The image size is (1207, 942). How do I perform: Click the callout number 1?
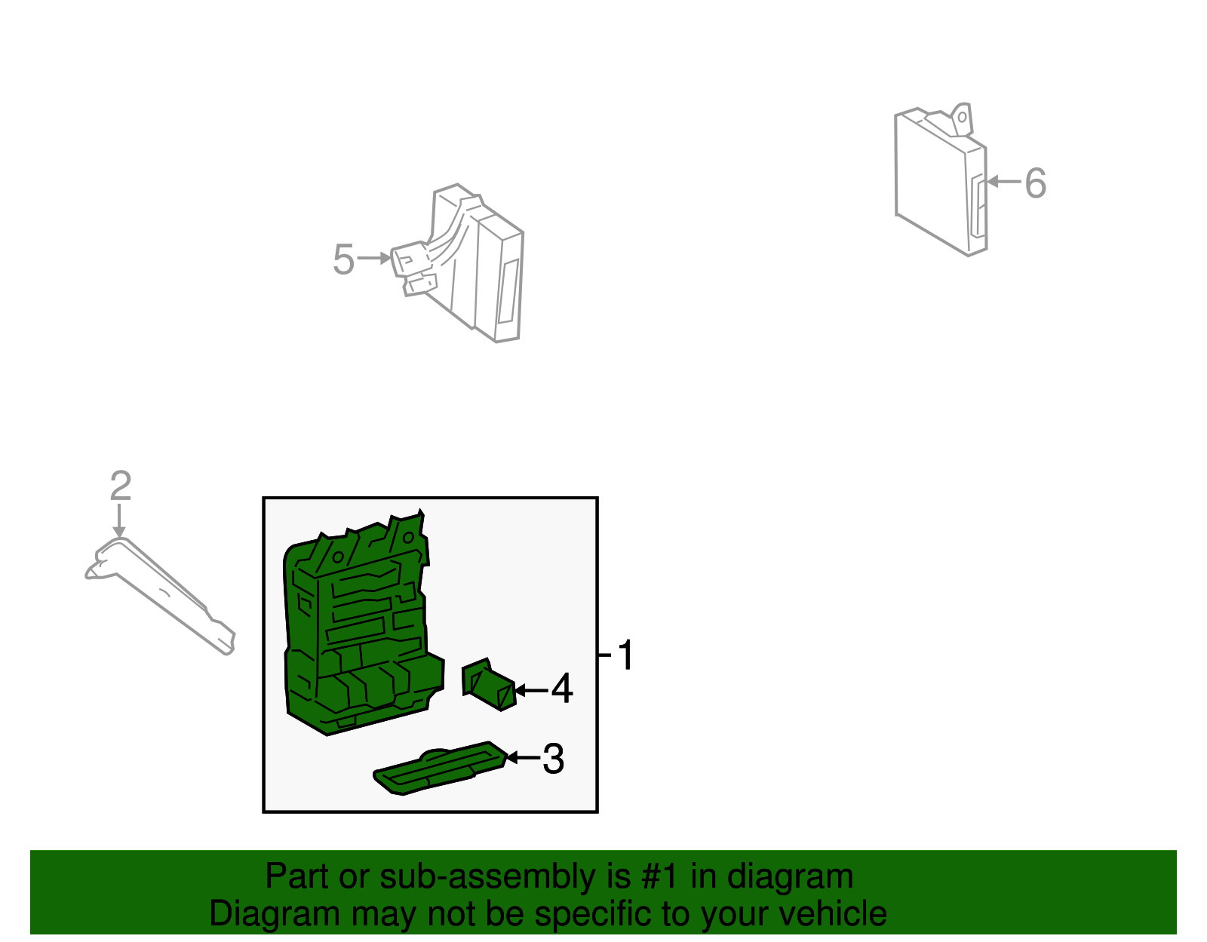tap(625, 655)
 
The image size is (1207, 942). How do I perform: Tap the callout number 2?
tap(121, 486)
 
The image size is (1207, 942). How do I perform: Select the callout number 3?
tap(553, 759)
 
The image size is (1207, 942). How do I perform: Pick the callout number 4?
tap(561, 689)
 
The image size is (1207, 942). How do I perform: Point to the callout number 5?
tap(344, 259)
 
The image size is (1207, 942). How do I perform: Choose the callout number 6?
tap(1035, 183)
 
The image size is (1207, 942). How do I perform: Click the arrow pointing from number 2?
tap(119, 520)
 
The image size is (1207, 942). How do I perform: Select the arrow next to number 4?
tap(532, 691)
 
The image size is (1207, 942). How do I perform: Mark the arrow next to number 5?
tap(374, 258)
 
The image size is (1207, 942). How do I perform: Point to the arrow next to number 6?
tap(1004, 181)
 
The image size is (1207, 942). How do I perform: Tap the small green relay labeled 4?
tap(489, 684)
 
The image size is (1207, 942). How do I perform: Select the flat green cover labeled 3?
tap(440, 769)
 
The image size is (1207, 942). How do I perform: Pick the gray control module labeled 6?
tap(941, 180)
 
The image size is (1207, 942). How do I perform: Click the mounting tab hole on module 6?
tap(962, 118)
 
